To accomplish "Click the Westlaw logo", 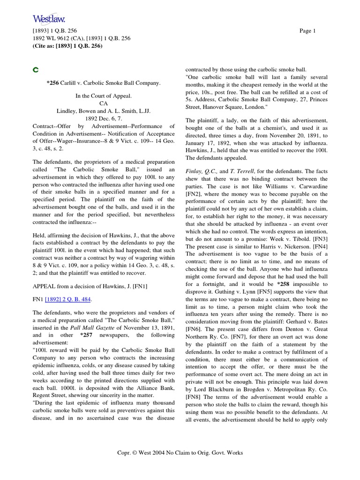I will [49, 19].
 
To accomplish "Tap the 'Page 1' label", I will [307, 31].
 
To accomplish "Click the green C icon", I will [35, 70].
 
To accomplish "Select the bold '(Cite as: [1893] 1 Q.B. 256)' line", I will [67, 46].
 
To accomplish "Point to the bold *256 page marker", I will [53, 83].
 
